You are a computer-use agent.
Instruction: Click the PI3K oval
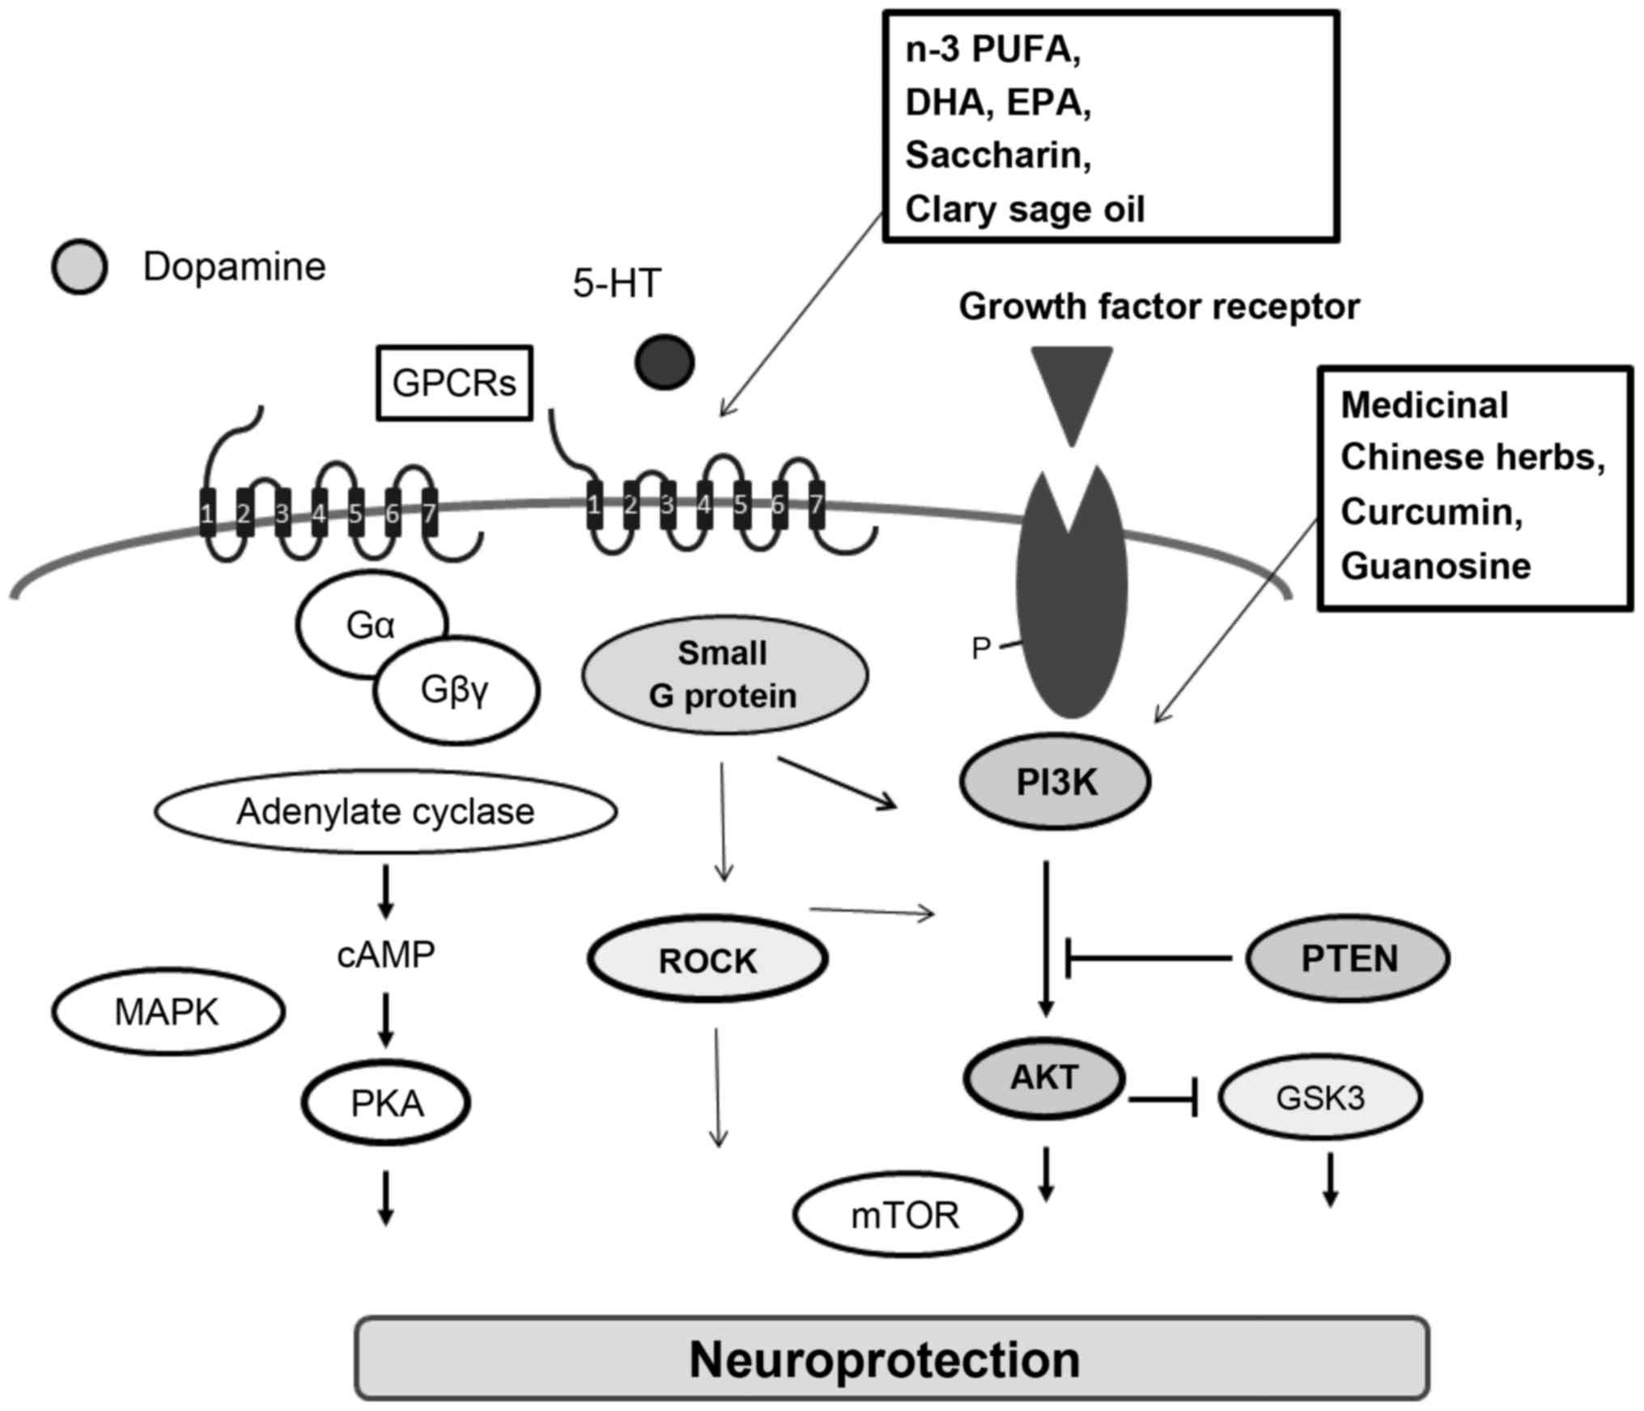[1055, 781]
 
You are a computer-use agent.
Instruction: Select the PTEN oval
[1348, 958]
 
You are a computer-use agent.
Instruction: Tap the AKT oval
[1044, 1077]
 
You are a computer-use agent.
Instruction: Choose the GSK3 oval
[1320, 1097]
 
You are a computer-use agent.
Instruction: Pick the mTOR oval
[907, 1215]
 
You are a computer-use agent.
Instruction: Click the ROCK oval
[707, 959]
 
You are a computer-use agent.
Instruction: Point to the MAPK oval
[168, 1012]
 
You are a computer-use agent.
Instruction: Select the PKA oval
[386, 1103]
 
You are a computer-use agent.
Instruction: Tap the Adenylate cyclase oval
[385, 811]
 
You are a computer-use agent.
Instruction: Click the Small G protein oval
[724, 674]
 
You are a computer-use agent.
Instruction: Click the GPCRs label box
[454, 383]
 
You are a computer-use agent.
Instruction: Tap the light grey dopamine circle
[79, 266]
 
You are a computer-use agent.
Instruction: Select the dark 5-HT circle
[665, 362]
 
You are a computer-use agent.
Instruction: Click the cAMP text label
[385, 954]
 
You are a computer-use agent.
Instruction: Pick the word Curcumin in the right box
[1431, 512]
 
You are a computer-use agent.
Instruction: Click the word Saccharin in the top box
[997, 155]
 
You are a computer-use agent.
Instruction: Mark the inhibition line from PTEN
[1149, 958]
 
